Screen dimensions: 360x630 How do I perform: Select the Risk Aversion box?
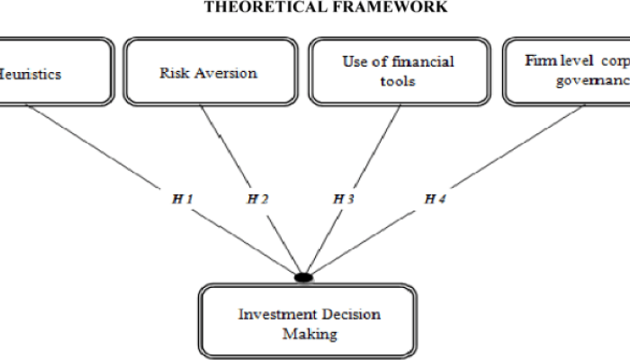[209, 71]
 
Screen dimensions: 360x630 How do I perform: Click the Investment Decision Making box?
[309, 323]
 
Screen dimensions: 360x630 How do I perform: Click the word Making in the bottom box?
[309, 333]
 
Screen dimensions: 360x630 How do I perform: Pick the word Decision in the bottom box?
[347, 314]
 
